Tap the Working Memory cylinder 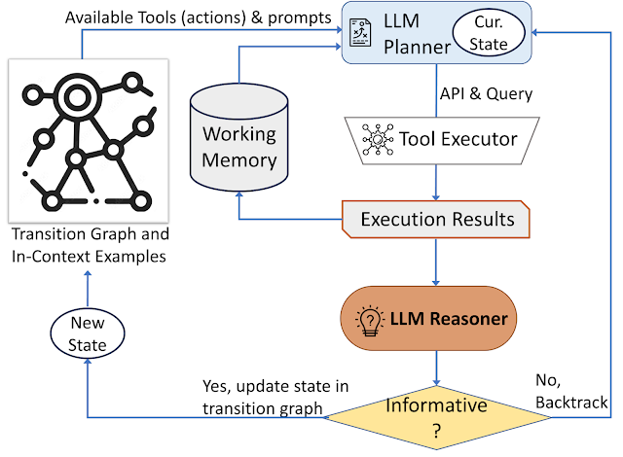pos(238,147)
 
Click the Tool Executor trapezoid pos(437,139)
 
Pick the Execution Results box pos(436,219)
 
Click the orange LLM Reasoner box pos(436,317)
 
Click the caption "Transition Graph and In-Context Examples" pos(87,244)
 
